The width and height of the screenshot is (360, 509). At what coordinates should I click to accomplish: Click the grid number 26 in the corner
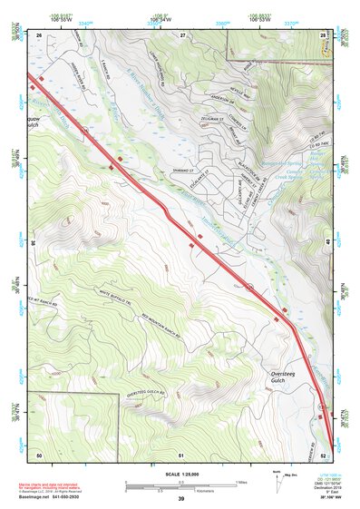39,34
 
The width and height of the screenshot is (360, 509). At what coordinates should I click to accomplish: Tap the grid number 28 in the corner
323,34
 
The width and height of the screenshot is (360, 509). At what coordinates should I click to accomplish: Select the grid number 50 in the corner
39,453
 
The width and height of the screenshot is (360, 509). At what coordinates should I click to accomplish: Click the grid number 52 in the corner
323,453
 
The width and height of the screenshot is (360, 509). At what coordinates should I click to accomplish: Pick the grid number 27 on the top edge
181,34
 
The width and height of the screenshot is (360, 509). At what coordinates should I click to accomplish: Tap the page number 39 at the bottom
180,499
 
